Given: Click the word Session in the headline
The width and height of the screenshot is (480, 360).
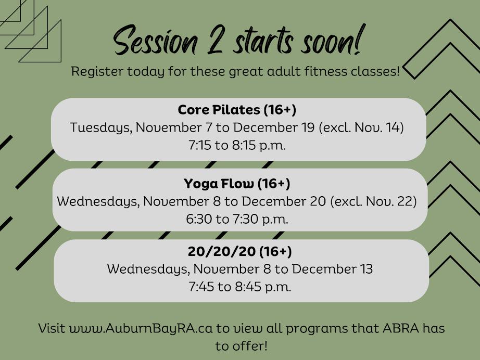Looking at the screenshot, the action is [156, 41].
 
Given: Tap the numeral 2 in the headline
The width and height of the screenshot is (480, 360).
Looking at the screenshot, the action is [216, 40].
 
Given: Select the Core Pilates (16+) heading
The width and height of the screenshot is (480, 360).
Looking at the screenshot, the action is [237, 109].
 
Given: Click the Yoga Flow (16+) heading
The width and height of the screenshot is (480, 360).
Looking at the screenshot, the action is [237, 184].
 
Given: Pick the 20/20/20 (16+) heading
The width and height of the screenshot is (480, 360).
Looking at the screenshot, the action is [239, 251].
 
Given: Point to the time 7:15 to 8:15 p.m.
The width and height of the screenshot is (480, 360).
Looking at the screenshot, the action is [237, 145].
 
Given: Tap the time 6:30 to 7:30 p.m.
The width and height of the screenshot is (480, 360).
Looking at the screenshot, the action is [237, 219].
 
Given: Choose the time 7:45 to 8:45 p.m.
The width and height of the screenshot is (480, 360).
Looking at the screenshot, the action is [239, 287].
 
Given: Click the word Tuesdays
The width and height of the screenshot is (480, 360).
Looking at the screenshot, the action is [101, 128].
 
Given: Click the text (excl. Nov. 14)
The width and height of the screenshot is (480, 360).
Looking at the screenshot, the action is [361, 127].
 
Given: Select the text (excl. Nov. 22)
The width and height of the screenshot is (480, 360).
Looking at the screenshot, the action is [373, 201].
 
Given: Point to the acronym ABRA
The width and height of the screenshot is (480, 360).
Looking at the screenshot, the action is [401, 328].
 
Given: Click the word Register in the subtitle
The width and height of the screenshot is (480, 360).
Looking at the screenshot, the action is [97, 72].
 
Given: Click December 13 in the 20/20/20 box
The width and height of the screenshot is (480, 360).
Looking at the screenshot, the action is [332, 269].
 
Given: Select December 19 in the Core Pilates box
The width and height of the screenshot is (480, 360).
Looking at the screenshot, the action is [274, 127].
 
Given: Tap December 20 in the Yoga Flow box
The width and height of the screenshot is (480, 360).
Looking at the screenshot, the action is [284, 201].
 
